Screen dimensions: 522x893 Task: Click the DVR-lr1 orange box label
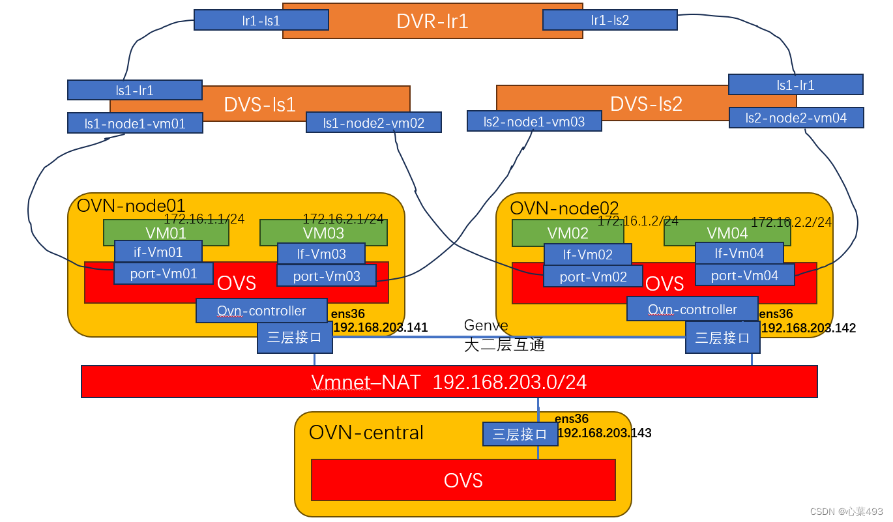432,22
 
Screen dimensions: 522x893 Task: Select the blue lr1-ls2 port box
609,20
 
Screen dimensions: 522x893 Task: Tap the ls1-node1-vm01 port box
135,123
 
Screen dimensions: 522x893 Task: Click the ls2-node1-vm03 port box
534,121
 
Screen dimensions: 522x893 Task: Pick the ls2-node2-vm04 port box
796,117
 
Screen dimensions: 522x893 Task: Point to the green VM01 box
166,233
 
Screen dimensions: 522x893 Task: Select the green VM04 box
727,233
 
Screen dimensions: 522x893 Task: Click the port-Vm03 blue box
326,276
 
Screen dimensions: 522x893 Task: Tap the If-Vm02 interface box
587,254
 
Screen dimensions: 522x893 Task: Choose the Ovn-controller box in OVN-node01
261,311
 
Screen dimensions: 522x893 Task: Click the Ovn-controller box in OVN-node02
692,309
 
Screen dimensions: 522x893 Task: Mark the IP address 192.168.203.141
381,327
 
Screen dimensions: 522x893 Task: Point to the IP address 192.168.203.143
604,433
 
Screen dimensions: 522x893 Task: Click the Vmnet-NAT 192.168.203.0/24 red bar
448,381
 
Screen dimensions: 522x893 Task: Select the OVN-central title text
366,432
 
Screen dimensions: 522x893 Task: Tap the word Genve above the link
486,325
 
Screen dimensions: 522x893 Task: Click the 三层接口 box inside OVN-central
520,434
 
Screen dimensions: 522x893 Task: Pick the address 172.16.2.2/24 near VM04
791,222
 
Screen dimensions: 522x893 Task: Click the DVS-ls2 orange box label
645,104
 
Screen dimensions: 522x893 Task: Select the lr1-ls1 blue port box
261,20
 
